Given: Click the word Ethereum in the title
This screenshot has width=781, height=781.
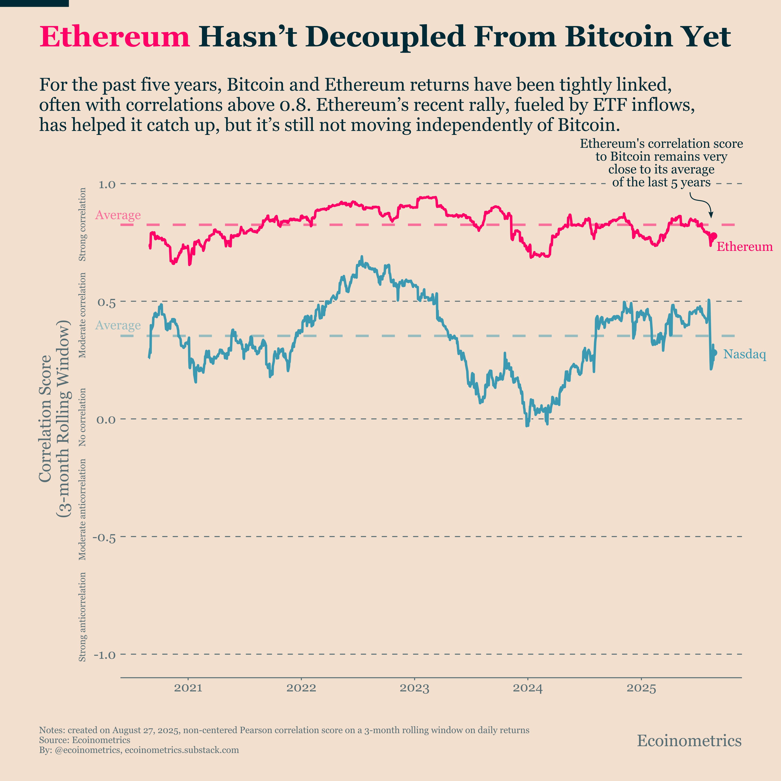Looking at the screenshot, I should pyautogui.click(x=114, y=37).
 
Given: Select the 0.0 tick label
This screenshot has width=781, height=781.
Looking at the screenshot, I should pyautogui.click(x=106, y=420).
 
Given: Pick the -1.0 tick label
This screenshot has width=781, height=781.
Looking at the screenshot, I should pyautogui.click(x=104, y=655).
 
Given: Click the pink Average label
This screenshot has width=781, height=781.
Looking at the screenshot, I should pyautogui.click(x=118, y=215).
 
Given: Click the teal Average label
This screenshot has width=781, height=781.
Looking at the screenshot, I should pyautogui.click(x=118, y=325).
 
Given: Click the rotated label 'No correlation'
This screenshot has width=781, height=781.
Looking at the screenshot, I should pyautogui.click(x=82, y=417).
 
